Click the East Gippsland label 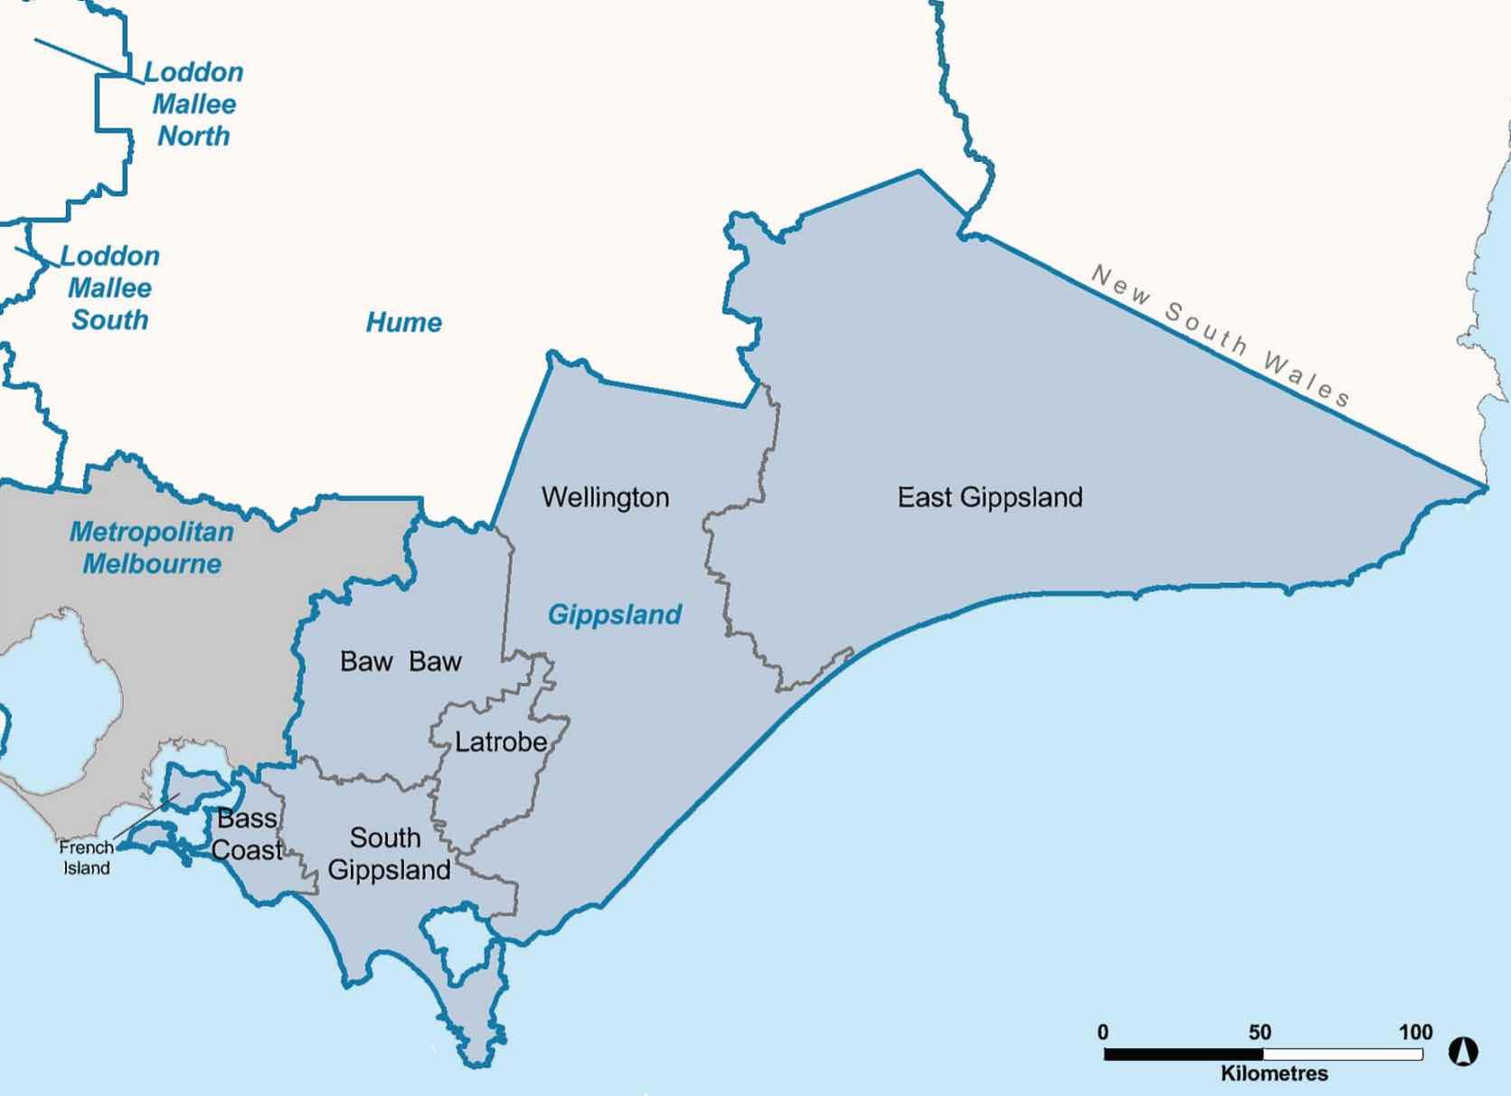click(x=989, y=497)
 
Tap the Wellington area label click(x=605, y=497)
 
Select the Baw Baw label click(x=401, y=661)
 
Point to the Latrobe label click(x=501, y=742)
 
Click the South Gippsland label click(x=388, y=854)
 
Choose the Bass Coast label click(x=247, y=835)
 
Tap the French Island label click(x=87, y=857)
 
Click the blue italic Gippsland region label click(x=615, y=615)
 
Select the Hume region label click(x=403, y=322)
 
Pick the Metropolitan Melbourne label click(x=152, y=547)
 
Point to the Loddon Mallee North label click(x=194, y=104)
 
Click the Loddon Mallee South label click(x=110, y=288)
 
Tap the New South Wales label click(x=1221, y=335)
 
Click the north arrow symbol click(x=1463, y=1052)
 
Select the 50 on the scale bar click(x=1260, y=1032)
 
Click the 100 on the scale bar click(x=1415, y=1032)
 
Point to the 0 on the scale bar click(x=1102, y=1032)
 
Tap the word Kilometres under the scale click(x=1274, y=1073)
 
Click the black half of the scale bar click(x=1184, y=1054)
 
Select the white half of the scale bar click(x=1343, y=1054)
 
